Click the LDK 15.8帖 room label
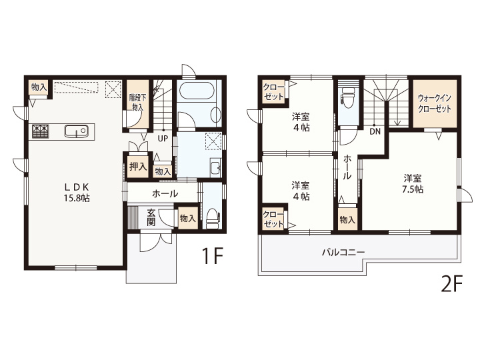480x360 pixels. point(77,193)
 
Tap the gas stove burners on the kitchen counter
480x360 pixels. point(40,131)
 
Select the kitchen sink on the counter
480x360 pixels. point(76,131)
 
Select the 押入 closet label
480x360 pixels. point(138,167)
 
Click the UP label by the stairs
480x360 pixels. point(163,139)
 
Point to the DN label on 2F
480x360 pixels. point(375,131)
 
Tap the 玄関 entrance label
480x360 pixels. point(151,217)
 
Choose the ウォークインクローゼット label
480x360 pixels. point(435,103)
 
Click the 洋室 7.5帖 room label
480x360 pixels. point(413,184)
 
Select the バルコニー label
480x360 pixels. point(343,253)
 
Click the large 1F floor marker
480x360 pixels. point(211,256)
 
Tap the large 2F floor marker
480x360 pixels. point(451,284)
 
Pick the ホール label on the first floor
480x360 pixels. point(165,193)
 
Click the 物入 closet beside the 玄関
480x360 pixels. point(187,218)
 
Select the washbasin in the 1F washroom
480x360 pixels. point(215,167)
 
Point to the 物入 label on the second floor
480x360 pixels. point(347,220)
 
